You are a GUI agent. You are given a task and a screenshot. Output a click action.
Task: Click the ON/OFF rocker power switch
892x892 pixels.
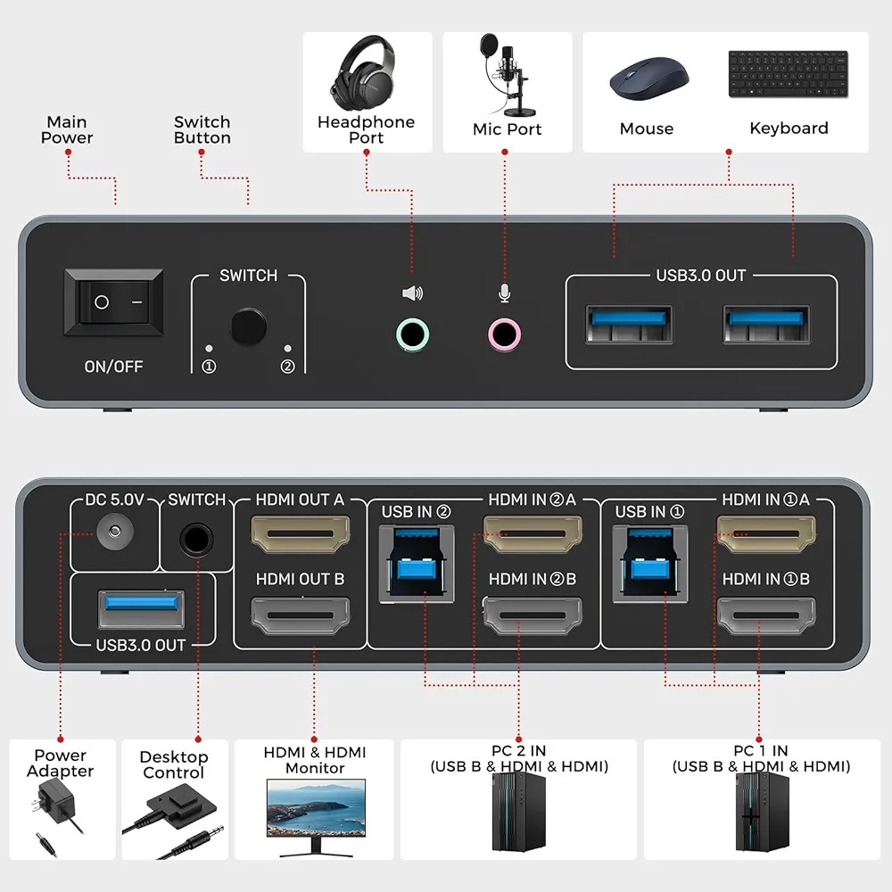(113, 302)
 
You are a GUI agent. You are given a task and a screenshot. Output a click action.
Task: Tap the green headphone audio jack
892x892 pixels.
(412, 334)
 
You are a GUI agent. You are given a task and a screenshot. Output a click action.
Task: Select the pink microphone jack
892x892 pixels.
(504, 334)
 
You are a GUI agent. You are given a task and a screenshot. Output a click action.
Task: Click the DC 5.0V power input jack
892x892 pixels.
(115, 532)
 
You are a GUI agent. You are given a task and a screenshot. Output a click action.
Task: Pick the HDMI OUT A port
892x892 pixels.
(301, 534)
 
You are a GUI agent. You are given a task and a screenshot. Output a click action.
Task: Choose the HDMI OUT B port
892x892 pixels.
(301, 615)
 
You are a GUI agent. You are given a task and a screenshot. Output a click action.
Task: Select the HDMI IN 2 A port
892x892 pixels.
(533, 534)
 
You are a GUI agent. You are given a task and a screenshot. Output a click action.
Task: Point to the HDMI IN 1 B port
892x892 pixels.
(766, 615)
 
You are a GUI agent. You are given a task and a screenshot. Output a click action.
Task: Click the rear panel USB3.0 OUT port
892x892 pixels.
(142, 609)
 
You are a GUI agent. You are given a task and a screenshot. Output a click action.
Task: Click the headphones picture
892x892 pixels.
(363, 73)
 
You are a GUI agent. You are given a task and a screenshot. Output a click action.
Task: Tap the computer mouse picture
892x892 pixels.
(648, 78)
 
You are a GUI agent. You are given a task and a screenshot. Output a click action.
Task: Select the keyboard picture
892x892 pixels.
(789, 74)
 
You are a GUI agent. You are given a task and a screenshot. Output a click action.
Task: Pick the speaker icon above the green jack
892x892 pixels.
(412, 293)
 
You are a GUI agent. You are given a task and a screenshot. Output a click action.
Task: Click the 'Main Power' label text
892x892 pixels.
(67, 129)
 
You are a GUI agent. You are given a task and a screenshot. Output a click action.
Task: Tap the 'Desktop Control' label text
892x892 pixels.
(174, 764)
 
